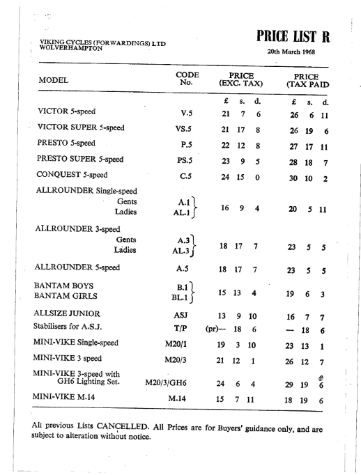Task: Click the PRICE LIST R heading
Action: [x=286, y=35]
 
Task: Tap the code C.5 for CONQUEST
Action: [x=187, y=176]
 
